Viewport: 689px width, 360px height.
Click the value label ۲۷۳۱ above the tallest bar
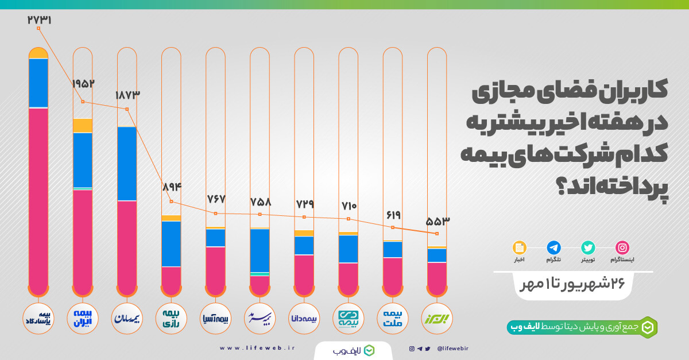tap(39, 20)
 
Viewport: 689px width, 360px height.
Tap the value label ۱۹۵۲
tap(83, 84)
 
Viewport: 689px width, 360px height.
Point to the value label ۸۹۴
tap(171, 187)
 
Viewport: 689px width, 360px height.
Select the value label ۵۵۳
tap(438, 221)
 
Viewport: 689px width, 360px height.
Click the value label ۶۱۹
tap(393, 215)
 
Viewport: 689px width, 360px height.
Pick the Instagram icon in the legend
tap(622, 247)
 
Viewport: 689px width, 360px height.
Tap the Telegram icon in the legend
tap(554, 247)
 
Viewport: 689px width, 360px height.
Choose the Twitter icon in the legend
tap(588, 247)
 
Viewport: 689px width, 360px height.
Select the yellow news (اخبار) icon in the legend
tap(520, 247)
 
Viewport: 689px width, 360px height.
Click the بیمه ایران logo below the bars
tap(83, 319)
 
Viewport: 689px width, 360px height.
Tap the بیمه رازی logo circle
tap(171, 319)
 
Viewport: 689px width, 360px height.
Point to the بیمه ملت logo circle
tap(393, 319)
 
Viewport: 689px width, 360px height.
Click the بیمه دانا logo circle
tap(304, 319)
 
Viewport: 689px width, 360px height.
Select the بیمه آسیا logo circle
tap(215, 319)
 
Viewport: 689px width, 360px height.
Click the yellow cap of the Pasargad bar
tap(38, 53)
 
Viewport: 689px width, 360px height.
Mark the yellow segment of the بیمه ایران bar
tap(83, 126)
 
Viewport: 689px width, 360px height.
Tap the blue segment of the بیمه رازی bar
tap(171, 244)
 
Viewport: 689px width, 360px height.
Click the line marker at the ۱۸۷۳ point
tap(127, 109)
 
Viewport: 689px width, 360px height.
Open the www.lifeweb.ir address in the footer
tap(257, 348)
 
